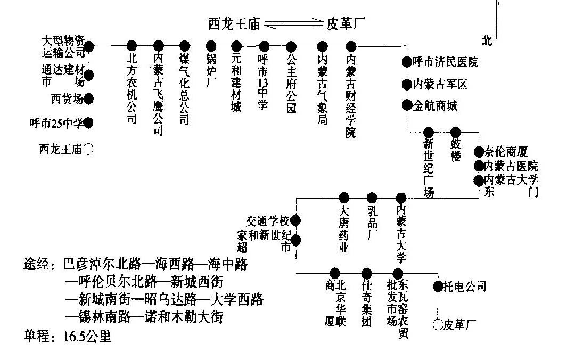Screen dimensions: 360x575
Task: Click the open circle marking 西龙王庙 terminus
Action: point(89,150)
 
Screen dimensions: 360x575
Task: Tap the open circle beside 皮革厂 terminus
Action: point(438,323)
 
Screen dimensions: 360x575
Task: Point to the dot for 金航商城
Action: point(407,105)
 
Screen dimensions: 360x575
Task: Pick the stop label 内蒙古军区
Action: point(440,84)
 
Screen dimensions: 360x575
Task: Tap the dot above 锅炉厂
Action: point(211,46)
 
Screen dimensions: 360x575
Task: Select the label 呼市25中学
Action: point(56,124)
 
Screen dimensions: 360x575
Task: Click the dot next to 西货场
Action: point(88,99)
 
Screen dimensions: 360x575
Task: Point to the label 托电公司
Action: point(466,287)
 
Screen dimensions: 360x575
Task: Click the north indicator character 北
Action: point(486,40)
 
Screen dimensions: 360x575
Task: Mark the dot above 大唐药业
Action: point(344,198)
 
